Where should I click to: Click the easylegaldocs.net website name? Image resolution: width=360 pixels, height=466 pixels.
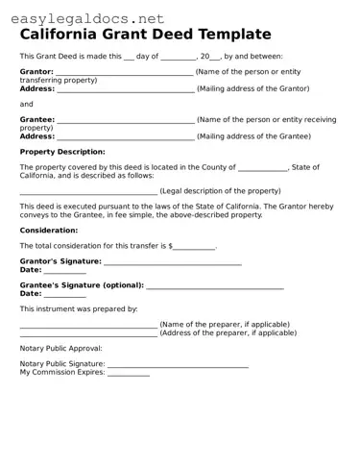84,18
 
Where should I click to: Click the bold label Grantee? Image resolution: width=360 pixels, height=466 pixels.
37,119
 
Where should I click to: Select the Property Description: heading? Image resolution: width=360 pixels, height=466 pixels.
62,152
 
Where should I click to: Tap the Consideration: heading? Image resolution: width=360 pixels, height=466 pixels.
49,231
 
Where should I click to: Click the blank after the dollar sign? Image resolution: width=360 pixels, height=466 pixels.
194,248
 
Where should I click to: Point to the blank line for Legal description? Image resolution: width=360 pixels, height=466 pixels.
87,192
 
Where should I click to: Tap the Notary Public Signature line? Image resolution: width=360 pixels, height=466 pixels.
178,366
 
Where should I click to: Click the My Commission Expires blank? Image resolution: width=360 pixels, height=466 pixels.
128,374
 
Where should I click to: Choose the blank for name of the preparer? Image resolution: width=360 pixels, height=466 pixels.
87,326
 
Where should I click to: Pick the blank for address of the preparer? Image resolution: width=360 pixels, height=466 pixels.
87,333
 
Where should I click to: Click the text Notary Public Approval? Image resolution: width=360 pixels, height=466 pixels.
60,349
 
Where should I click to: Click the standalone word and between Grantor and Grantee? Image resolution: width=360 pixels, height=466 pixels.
26,104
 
